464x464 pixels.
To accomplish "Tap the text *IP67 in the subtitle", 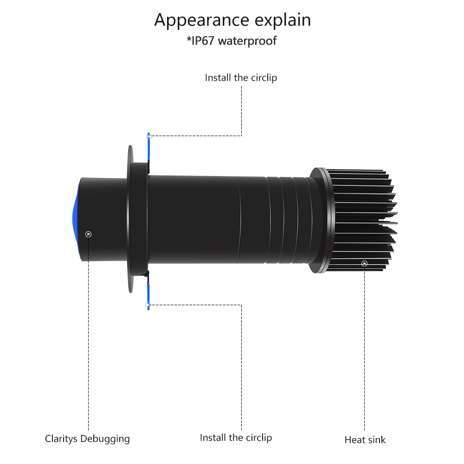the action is (201, 41).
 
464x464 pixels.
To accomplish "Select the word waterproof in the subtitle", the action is (247, 41).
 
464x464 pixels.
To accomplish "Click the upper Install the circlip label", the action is (241, 78).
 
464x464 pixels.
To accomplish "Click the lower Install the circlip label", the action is (236, 438).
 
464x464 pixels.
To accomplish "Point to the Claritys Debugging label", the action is (87, 438).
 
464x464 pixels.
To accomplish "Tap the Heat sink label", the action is (365, 439).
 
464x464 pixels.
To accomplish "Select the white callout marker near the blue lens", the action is (89, 234).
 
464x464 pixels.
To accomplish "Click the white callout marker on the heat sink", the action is (364, 264).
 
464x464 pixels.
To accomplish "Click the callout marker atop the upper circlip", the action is (149, 136).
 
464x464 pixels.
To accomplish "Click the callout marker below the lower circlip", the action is (148, 305).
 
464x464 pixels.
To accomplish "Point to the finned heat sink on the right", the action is (367, 218).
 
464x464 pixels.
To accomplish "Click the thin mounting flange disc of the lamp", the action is (130, 218).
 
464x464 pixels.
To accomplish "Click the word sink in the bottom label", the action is (377, 439).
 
